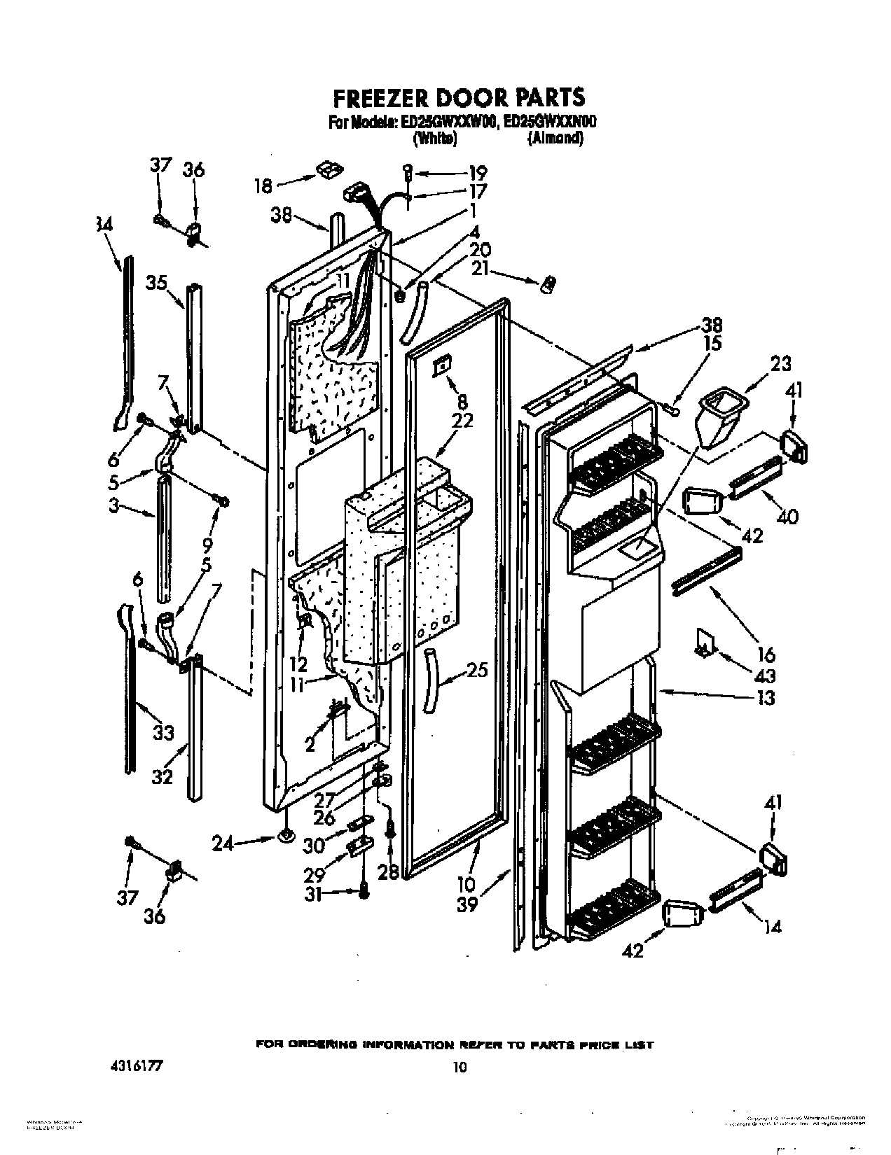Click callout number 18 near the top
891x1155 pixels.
tap(263, 186)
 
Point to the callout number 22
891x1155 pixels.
tap(462, 421)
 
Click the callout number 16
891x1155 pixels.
tap(766, 654)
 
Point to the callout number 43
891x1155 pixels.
tap(766, 675)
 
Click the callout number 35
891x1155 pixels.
tap(157, 283)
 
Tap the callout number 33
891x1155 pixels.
tap(163, 732)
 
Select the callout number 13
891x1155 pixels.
tap(766, 697)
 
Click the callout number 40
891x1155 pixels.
tap(787, 517)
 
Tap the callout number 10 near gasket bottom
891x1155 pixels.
tap(467, 883)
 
